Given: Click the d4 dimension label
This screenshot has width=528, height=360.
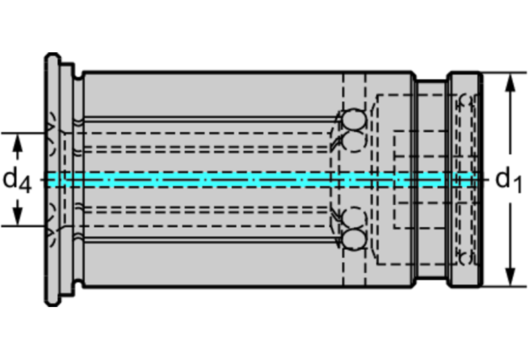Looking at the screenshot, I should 18,181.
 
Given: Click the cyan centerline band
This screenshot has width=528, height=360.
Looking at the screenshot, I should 262,180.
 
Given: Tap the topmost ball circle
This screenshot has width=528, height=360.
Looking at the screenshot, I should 355,119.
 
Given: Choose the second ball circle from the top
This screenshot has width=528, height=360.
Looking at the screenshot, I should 355,142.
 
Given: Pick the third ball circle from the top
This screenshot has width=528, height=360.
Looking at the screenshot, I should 355,218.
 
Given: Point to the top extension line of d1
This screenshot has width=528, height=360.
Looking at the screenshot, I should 499,73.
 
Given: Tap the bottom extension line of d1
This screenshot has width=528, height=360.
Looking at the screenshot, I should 499,286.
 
